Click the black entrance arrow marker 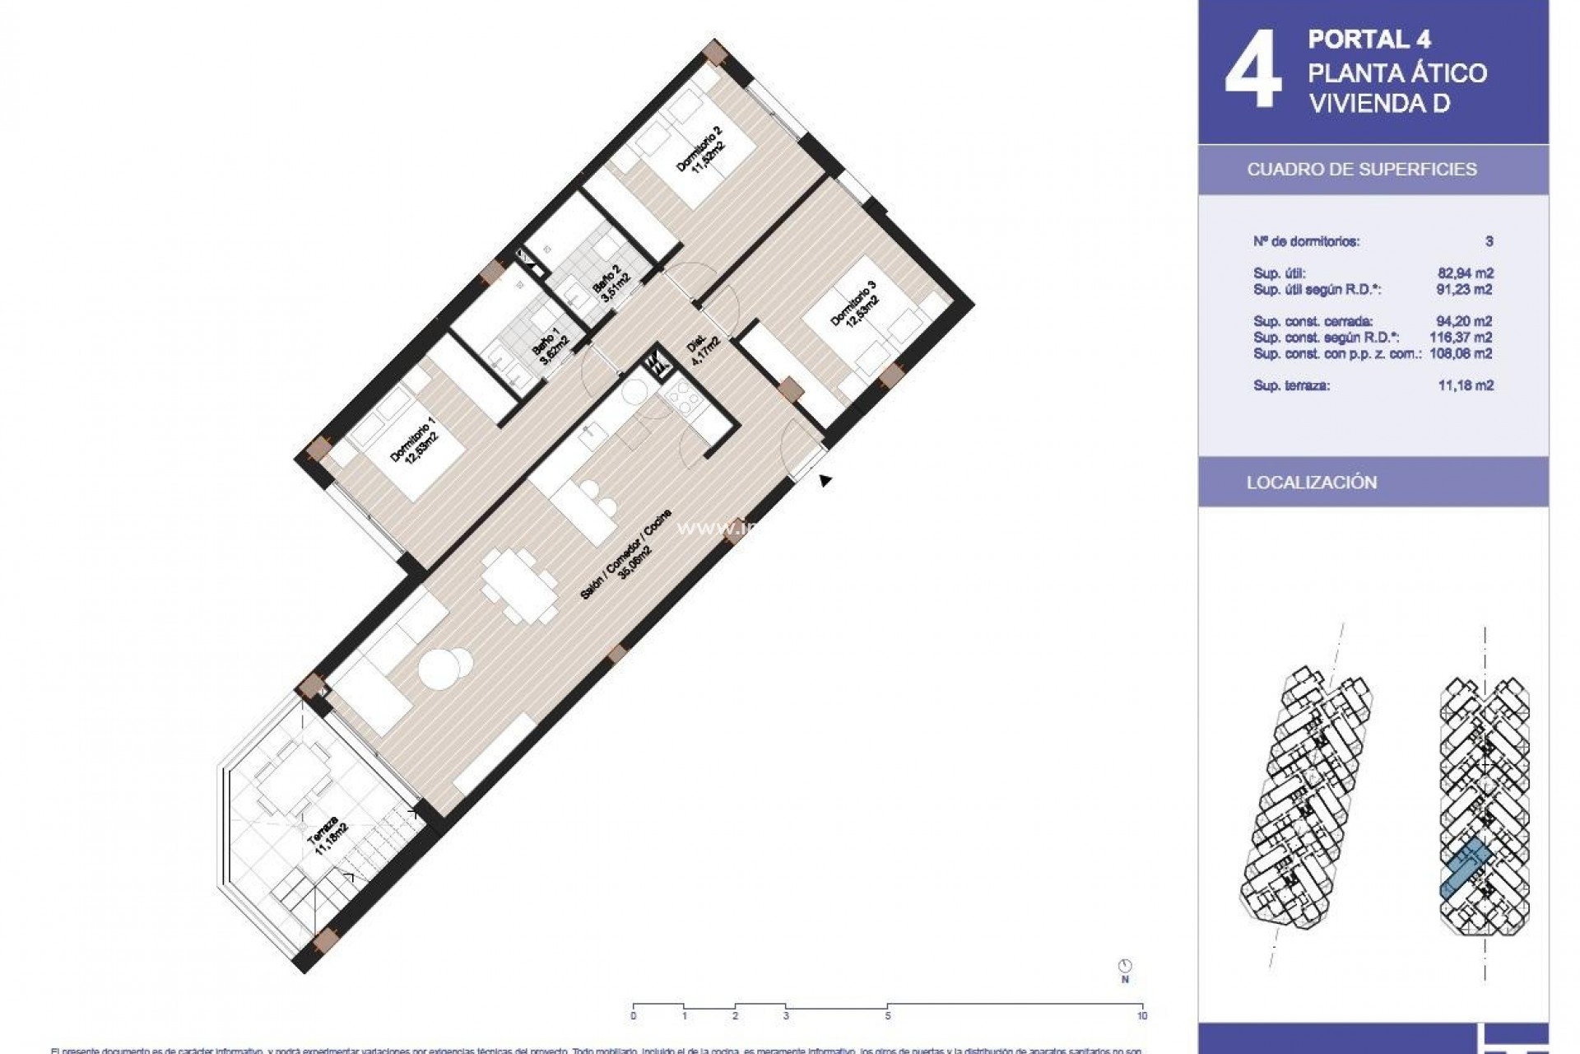tap(825, 480)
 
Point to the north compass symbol tap(1125, 966)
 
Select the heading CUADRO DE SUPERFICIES tap(1362, 170)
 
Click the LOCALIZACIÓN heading tap(1312, 483)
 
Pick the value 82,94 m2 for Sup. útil tap(1465, 273)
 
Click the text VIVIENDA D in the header tap(1379, 104)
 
